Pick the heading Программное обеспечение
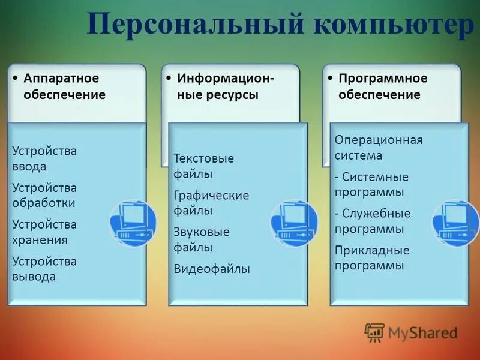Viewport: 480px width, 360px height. coord(382,86)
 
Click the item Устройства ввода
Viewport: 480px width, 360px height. coord(44,158)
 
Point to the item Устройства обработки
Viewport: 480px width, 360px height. coord(44,195)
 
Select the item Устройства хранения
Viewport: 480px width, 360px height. coord(44,232)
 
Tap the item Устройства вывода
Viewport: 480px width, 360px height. coord(44,269)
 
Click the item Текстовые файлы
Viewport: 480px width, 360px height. coord(203,166)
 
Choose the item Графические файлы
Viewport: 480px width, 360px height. coord(211,203)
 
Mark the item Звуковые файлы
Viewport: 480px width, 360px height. coord(202,239)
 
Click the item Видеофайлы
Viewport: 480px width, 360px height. coord(211,269)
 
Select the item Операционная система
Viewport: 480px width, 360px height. coord(378,148)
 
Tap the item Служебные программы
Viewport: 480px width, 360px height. coord(372,221)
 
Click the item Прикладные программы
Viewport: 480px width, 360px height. coord(372,257)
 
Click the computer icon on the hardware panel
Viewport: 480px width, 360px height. coord(133,223)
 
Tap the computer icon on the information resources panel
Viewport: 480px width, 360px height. coord(294,223)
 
